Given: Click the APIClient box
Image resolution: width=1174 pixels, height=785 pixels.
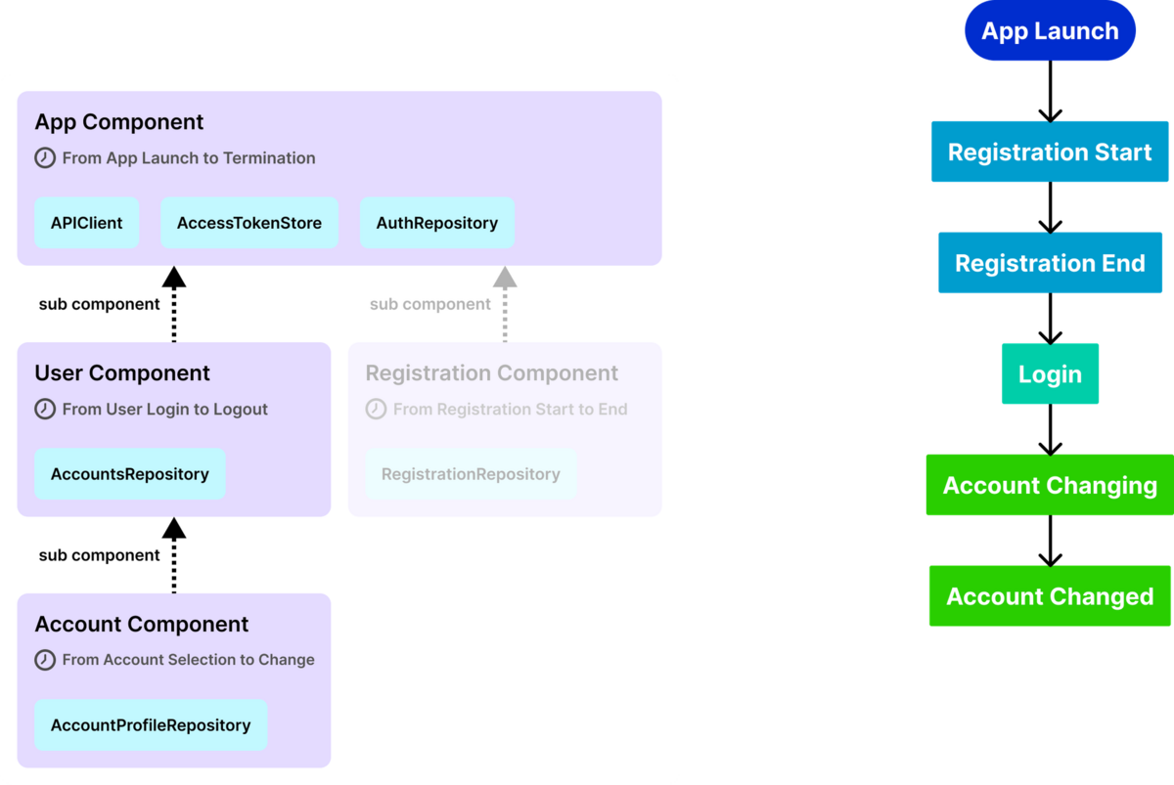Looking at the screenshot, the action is click(x=86, y=223).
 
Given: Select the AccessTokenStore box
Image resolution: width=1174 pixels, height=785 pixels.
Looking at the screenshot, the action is click(x=248, y=223).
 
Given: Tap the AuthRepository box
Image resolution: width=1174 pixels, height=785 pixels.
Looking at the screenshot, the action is click(x=437, y=223).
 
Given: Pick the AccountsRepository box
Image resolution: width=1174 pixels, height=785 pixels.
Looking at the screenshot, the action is click(x=130, y=473).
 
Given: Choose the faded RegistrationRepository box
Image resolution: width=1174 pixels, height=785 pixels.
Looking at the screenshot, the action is click(x=471, y=473).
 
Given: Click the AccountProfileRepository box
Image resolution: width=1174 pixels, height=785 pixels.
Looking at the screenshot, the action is click(x=151, y=724).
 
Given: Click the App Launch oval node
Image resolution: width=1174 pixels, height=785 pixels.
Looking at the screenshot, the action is click(x=1050, y=30).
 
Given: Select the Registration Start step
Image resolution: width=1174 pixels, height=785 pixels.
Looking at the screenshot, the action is click(x=1050, y=152).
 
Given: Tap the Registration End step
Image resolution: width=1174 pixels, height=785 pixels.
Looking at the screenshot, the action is click(x=1050, y=263).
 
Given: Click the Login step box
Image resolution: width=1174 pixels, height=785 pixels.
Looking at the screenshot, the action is click(x=1050, y=373).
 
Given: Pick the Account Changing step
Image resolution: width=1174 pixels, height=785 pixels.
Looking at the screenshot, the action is click(x=1050, y=485).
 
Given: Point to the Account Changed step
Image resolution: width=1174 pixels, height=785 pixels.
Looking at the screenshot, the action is click(x=1050, y=596).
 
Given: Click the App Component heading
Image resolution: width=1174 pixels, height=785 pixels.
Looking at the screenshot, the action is click(x=119, y=122).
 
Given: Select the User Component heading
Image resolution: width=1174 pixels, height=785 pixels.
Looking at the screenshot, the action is click(x=122, y=372).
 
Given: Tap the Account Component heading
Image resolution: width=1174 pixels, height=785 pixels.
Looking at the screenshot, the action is click(x=142, y=625).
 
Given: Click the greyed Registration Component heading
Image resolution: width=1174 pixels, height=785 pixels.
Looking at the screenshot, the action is click(x=491, y=372).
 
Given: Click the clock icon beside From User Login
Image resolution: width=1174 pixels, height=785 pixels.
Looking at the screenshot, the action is click(x=45, y=409).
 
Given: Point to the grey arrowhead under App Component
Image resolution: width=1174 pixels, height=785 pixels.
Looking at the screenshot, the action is click(x=505, y=277).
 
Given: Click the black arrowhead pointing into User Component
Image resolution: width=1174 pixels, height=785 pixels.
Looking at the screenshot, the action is click(x=174, y=529).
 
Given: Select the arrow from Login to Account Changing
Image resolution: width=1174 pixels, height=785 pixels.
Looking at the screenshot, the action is click(x=1051, y=429).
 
